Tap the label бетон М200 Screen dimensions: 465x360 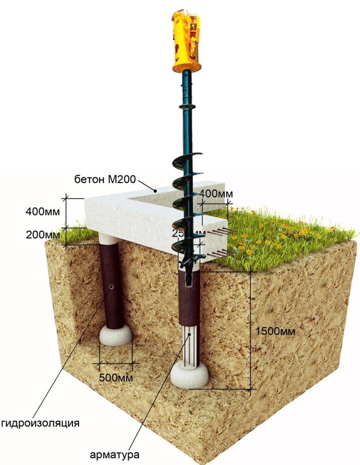pyautogui.click(x=105, y=180)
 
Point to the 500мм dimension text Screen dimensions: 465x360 pyautogui.click(x=117, y=378)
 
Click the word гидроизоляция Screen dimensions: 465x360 pyautogui.click(x=41, y=423)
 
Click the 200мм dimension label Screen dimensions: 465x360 pyautogui.click(x=43, y=235)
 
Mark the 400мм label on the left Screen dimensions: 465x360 pyautogui.click(x=43, y=211)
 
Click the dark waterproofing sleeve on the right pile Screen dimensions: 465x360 pyautogui.click(x=189, y=298)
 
